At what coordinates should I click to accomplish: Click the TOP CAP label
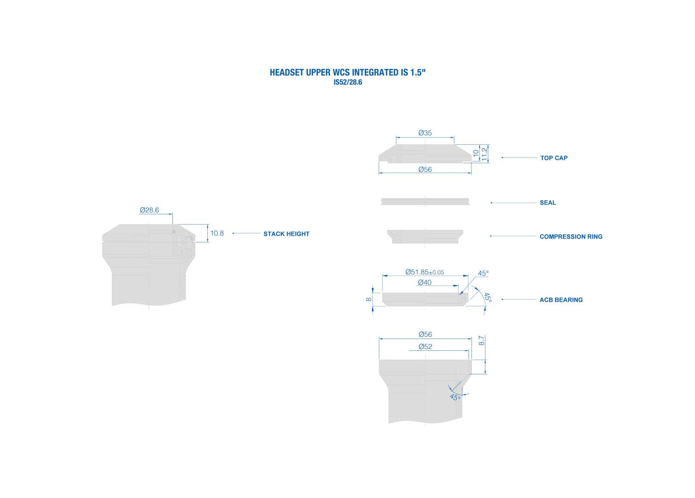point(554,158)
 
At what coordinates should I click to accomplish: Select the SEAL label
point(548,203)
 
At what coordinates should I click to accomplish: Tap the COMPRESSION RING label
point(571,236)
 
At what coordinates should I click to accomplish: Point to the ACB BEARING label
point(561,300)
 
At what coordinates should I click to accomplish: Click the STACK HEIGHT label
point(286,234)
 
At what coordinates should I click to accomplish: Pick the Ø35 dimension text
point(425,133)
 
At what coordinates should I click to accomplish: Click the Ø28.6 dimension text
point(149,210)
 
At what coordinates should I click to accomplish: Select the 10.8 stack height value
point(217,233)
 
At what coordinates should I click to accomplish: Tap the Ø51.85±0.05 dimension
point(425,272)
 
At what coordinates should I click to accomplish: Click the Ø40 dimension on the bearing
point(425,283)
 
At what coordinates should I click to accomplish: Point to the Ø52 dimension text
point(425,347)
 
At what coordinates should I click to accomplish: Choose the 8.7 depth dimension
point(481,340)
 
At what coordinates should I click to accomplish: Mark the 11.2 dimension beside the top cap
point(484,154)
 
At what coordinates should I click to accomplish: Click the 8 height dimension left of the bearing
point(368,299)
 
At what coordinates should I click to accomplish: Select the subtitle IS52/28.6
point(348,82)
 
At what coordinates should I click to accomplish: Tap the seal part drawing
point(425,202)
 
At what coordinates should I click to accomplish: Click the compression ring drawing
point(425,236)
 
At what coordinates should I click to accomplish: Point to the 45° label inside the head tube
point(455,397)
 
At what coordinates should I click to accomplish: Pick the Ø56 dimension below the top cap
point(425,170)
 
